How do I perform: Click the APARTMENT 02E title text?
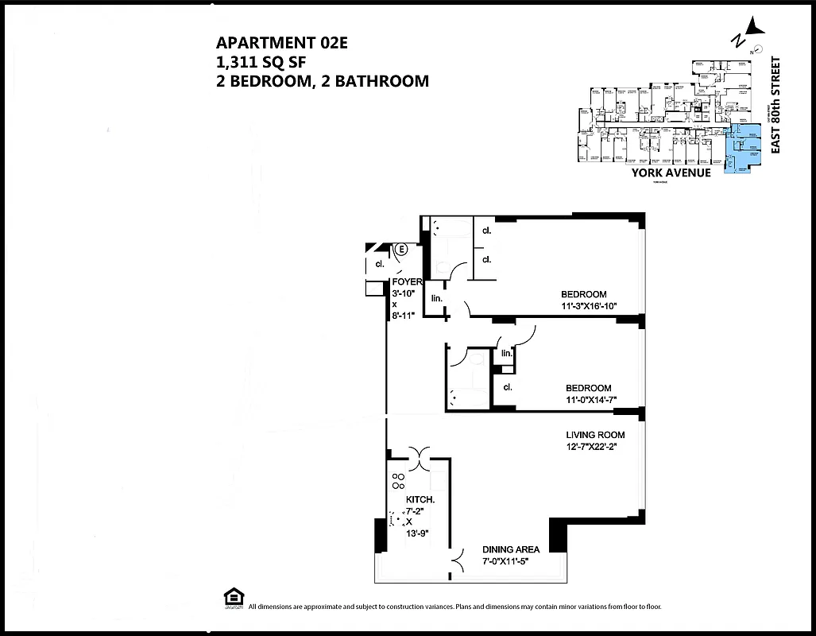(x=282, y=44)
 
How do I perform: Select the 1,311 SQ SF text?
(x=261, y=62)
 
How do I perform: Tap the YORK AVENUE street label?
(x=671, y=173)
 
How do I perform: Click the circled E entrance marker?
(x=401, y=249)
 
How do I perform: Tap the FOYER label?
(x=407, y=282)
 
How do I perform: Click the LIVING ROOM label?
(x=595, y=435)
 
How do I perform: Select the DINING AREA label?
(x=511, y=549)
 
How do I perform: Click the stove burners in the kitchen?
(x=397, y=481)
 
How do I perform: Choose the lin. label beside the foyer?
(x=436, y=299)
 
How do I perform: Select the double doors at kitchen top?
(x=419, y=453)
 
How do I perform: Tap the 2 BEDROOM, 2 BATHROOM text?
(x=323, y=80)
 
